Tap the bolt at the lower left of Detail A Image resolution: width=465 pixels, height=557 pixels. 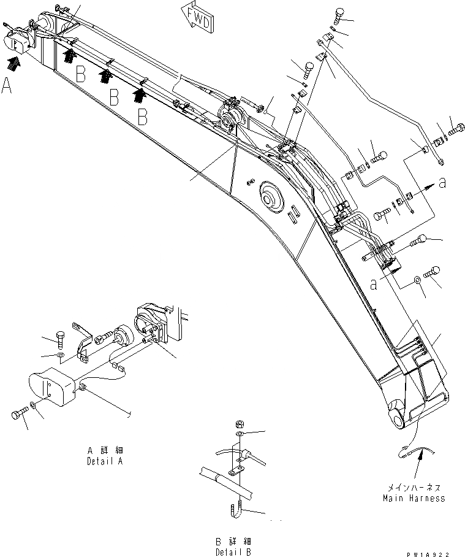click(20, 415)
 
